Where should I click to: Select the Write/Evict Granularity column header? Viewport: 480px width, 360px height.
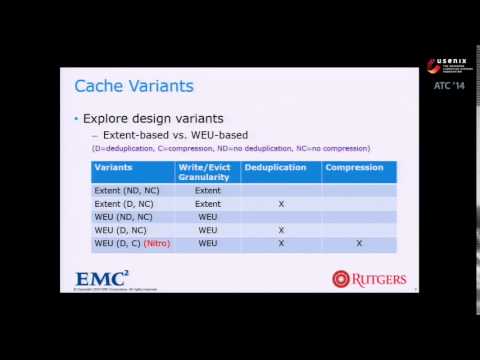point(207,171)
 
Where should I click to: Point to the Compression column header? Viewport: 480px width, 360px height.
point(355,166)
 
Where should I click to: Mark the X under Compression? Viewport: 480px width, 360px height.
point(358,243)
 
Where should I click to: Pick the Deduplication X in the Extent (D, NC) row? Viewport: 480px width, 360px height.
point(281,203)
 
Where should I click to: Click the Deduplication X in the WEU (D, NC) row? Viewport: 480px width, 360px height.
point(281,229)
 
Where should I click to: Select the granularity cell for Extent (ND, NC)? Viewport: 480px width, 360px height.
point(207,189)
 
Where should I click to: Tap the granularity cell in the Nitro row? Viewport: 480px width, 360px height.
point(207,243)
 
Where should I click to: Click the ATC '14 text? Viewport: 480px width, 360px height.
point(449,85)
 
